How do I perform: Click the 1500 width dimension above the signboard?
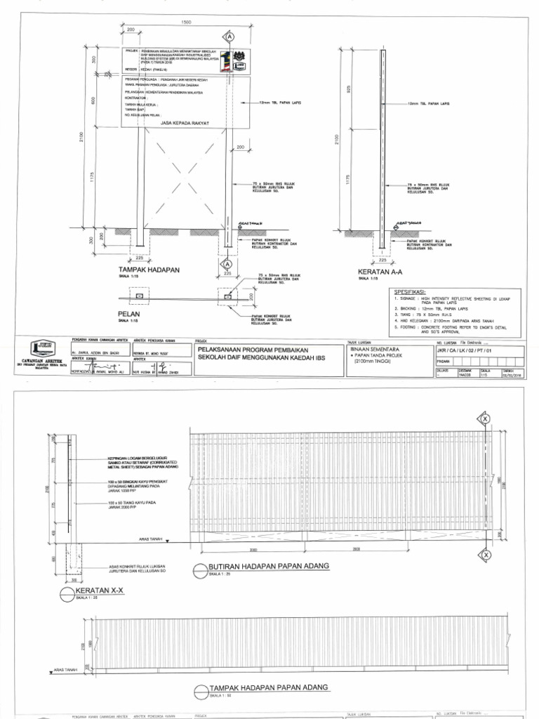(x=185, y=23)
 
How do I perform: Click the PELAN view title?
(x=129, y=314)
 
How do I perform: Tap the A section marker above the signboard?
(x=229, y=35)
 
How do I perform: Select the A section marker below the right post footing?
(x=228, y=263)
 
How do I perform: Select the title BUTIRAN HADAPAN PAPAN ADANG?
(x=269, y=566)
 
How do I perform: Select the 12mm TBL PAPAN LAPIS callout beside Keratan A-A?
(x=428, y=103)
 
